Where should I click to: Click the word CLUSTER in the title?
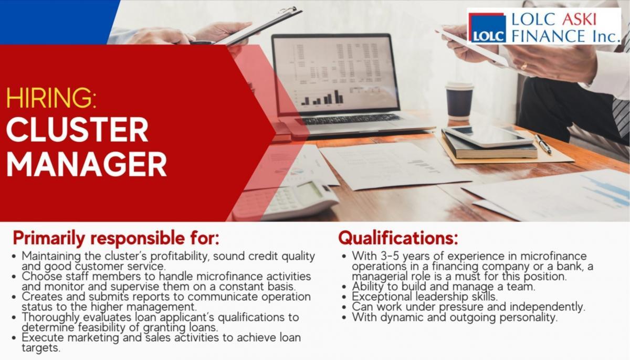point(77,130)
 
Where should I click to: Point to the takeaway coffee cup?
point(459,101)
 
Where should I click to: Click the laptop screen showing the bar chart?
point(336,73)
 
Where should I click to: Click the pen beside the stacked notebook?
point(543,144)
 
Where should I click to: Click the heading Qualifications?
point(398,238)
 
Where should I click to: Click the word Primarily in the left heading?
point(49,239)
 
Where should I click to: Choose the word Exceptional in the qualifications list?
point(382,297)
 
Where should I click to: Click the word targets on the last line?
point(41,348)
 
